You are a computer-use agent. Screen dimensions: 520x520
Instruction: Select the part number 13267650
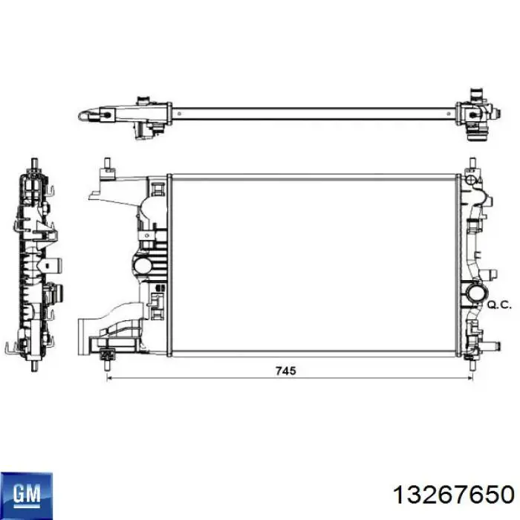453,495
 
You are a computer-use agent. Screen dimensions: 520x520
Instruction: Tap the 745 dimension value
286,371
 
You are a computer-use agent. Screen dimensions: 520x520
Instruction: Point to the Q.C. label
499,305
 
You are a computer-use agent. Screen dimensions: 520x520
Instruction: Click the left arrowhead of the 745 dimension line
108,377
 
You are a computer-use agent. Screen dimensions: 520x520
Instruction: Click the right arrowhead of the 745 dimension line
470,377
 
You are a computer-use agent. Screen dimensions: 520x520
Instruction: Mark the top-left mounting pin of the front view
107,163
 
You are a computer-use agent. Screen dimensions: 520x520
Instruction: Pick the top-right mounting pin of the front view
472,163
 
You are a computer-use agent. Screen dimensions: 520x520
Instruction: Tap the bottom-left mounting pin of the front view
106,365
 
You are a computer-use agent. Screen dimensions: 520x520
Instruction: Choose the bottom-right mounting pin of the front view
472,364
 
